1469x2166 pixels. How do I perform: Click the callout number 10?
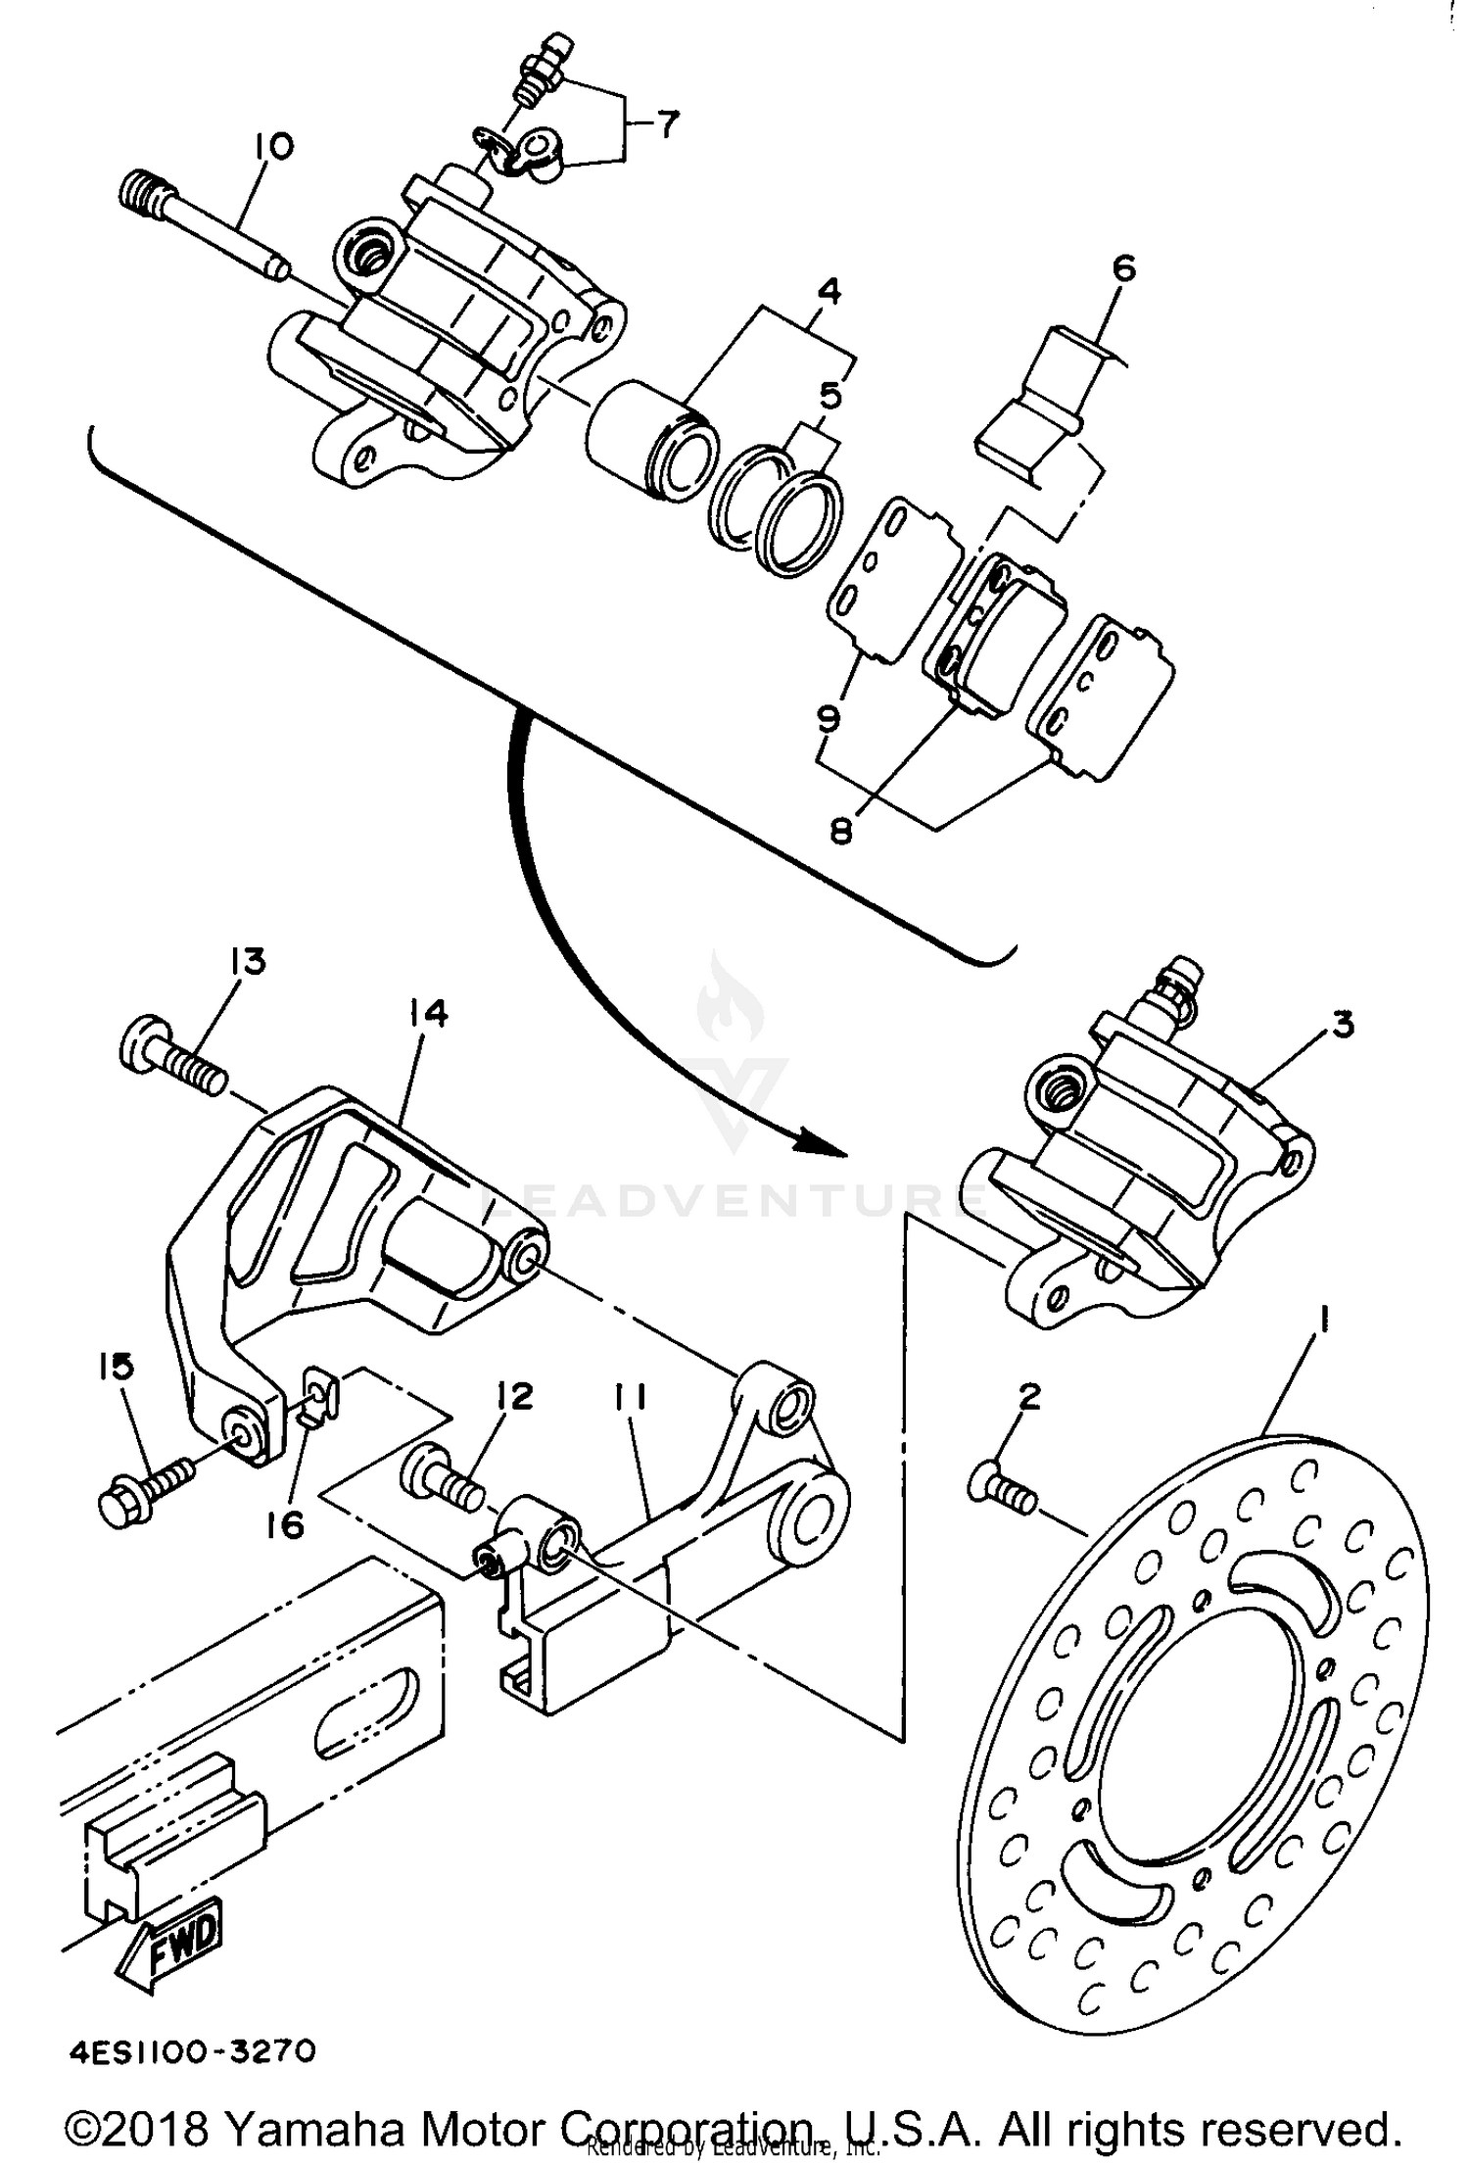272,147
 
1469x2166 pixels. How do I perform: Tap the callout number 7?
665,125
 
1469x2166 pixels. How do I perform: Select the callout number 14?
423,1014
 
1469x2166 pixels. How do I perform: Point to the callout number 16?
285,1525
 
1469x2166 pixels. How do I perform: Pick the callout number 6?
1124,267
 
